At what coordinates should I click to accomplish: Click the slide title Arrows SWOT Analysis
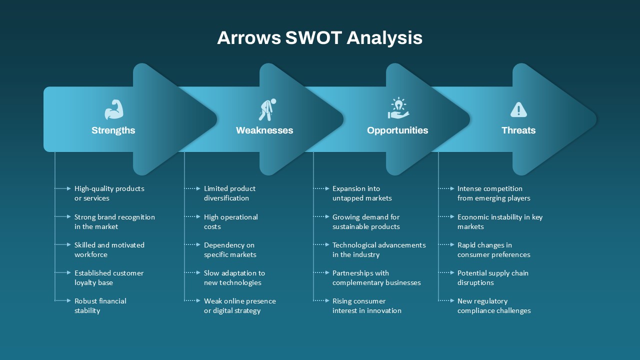pyautogui.click(x=319, y=38)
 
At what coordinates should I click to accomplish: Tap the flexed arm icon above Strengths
pyautogui.click(x=113, y=109)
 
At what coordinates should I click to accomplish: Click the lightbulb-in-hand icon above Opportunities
pyautogui.click(x=398, y=108)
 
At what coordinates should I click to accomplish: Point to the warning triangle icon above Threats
pyautogui.click(x=518, y=109)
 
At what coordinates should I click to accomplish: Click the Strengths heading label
pyautogui.click(x=113, y=130)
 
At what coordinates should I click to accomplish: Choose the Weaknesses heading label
pyautogui.click(x=264, y=130)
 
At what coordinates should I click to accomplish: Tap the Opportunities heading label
pyautogui.click(x=397, y=130)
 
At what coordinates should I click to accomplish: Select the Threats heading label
pyautogui.click(x=518, y=130)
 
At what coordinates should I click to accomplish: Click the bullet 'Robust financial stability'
pyautogui.click(x=100, y=305)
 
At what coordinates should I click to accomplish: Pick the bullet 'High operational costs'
pyautogui.click(x=230, y=221)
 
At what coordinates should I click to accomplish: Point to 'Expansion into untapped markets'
pyautogui.click(x=362, y=193)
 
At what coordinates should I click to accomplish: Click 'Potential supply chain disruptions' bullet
pyautogui.click(x=492, y=277)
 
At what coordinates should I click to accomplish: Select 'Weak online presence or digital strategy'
pyautogui.click(x=239, y=305)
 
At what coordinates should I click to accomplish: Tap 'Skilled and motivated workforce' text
pyautogui.click(x=109, y=249)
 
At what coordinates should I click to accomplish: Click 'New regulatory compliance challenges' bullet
pyautogui.click(x=493, y=305)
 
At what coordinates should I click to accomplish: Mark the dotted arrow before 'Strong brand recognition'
pyautogui.click(x=63, y=217)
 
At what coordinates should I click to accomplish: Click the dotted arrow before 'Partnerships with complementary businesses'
pyautogui.click(x=321, y=273)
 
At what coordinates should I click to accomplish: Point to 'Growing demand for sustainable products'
pyautogui.click(x=366, y=221)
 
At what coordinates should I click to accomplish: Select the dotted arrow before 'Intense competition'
pyautogui.click(x=446, y=188)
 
